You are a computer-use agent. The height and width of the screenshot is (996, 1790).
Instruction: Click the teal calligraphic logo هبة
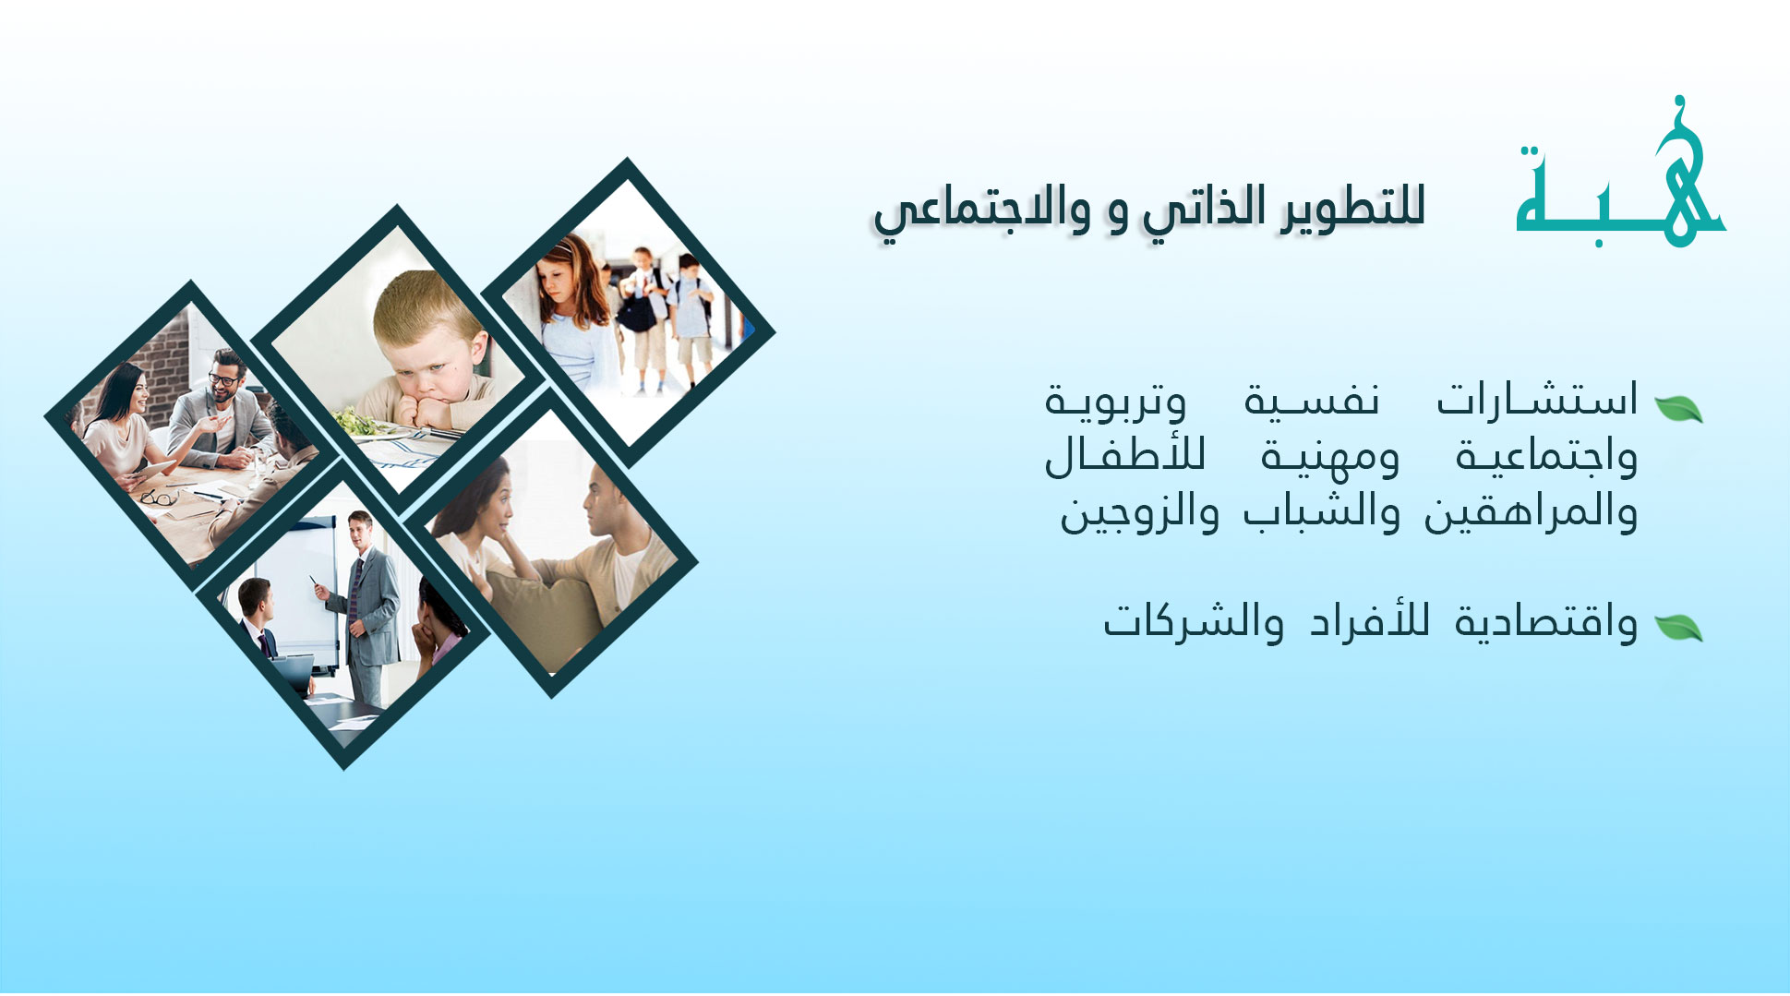[1620, 175]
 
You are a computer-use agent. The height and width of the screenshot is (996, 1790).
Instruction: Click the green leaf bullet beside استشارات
[1678, 408]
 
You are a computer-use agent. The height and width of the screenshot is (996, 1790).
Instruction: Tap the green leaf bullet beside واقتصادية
[1678, 628]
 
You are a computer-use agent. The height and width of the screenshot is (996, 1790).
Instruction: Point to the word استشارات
[1537, 399]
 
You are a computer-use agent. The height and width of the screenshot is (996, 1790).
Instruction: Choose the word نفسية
[1312, 399]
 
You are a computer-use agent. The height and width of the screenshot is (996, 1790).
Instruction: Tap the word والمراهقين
[1531, 513]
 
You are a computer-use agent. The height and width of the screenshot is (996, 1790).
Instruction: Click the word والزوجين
[1139, 513]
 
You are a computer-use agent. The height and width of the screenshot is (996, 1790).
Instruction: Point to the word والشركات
[1194, 620]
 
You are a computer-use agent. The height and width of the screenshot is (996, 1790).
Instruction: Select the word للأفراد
[1370, 620]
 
